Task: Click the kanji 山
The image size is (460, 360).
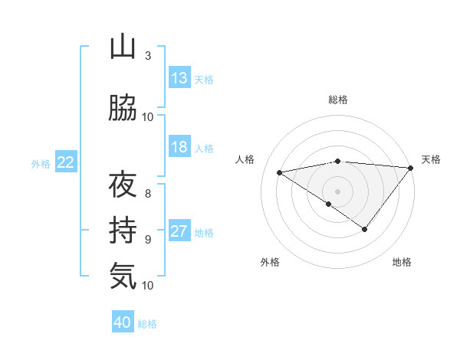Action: pos(123,48)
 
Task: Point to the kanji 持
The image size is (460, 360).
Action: pos(123,231)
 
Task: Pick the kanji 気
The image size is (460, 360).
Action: pos(123,275)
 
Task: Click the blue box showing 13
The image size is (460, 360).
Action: pos(179,78)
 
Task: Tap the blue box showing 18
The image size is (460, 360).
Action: pos(179,147)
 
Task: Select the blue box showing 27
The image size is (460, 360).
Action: pos(179,232)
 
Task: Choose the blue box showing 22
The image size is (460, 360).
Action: pos(66,162)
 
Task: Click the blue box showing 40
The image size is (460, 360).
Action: pos(123,322)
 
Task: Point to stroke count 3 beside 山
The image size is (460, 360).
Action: pos(147,56)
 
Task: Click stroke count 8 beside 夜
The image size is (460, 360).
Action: pos(147,185)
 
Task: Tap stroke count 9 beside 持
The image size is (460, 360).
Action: pos(147,239)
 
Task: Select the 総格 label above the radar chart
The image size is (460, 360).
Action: pos(338,100)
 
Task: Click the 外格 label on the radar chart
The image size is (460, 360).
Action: pos(270,262)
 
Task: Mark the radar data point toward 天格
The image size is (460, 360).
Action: pos(410,168)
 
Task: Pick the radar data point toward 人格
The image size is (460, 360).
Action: pos(280,172)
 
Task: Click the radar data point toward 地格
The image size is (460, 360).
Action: pos(365,229)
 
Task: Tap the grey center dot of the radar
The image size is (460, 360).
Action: pos(337,191)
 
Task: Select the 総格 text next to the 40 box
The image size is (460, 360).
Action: pos(147,324)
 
